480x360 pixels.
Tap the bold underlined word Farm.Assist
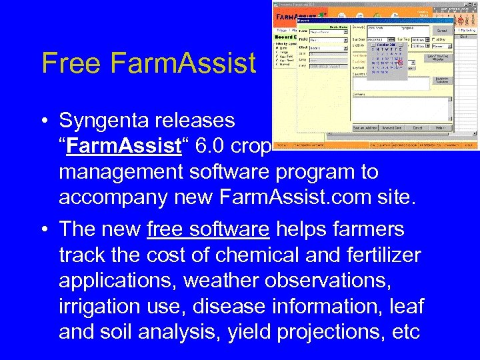pos(121,146)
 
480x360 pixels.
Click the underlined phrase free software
pos(208,229)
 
